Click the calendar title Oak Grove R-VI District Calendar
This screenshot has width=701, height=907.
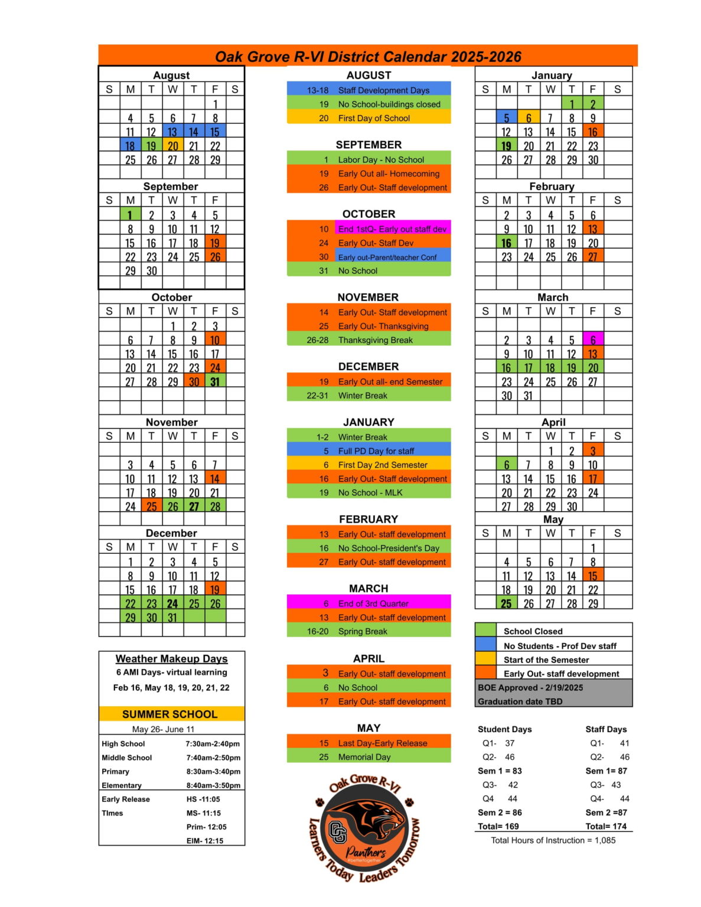point(368,57)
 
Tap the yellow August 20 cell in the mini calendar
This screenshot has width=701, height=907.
point(172,146)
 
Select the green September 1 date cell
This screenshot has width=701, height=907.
point(131,215)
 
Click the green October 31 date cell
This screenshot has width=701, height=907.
point(215,381)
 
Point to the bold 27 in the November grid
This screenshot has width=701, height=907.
point(194,507)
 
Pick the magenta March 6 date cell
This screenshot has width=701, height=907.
point(593,340)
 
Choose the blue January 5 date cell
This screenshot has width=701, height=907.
point(506,118)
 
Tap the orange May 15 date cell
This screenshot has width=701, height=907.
point(593,576)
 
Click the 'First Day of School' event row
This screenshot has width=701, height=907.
point(369,118)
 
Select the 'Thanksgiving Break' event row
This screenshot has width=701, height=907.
point(369,340)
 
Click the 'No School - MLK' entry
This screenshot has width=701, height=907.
point(369,492)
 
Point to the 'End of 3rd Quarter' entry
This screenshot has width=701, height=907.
point(369,603)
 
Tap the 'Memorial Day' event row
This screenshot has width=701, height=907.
point(369,757)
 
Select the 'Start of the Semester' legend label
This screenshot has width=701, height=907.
point(546,660)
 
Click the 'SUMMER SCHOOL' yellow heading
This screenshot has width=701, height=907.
point(170,714)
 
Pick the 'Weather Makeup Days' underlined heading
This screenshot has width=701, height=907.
point(171,658)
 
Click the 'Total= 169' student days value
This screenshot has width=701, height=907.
point(498,826)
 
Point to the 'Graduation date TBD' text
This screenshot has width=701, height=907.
point(520,702)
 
